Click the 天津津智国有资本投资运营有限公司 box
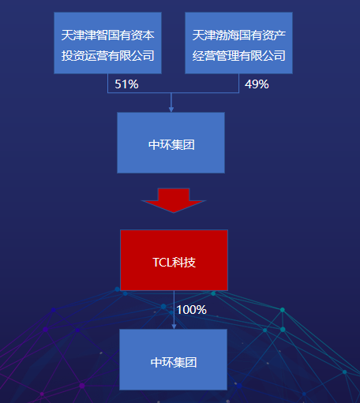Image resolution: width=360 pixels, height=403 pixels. (x=107, y=43)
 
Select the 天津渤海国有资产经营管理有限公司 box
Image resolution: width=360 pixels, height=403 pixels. (x=238, y=43)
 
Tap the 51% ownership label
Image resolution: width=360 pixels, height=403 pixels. (x=126, y=84)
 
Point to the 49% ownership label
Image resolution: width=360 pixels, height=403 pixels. (x=257, y=84)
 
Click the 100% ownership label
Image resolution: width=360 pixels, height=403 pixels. (x=191, y=310)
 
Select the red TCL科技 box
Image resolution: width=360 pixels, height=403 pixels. (x=174, y=260)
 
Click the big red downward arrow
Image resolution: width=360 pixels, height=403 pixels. (x=174, y=200)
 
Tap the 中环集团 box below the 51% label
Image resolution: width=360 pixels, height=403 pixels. (x=171, y=143)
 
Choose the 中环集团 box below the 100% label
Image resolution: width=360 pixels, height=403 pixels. (x=173, y=360)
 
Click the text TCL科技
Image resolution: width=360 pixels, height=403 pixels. (x=174, y=263)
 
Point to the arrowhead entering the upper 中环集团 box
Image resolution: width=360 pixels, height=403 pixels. (x=171, y=110)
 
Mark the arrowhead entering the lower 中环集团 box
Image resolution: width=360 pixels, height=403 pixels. (x=174, y=327)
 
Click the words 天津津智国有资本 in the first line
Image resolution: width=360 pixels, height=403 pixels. (x=107, y=35)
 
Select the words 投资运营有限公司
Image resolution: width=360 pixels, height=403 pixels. (x=107, y=56)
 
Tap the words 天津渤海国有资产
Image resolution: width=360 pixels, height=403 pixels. (x=238, y=35)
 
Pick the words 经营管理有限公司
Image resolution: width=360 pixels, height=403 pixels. (x=238, y=56)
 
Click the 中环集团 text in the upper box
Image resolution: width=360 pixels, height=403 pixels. (x=171, y=145)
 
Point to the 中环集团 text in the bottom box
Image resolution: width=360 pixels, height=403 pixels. (x=174, y=362)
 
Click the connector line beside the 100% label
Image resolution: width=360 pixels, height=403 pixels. (x=174, y=310)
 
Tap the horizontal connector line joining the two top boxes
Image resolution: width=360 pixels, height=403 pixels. (x=173, y=93)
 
